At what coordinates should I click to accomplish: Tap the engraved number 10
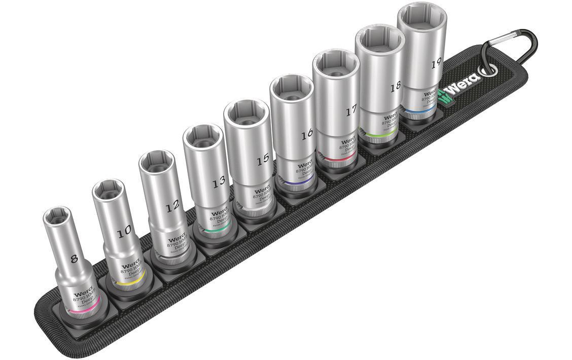[x=123, y=231]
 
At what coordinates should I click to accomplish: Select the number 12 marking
[x=172, y=205]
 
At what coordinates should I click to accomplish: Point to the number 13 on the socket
[x=219, y=183]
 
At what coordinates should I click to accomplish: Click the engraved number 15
[x=262, y=160]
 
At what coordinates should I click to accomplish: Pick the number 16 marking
[x=306, y=135]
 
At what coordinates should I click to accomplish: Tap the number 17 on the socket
[x=351, y=111]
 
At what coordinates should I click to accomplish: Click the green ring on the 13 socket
[x=217, y=230]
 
